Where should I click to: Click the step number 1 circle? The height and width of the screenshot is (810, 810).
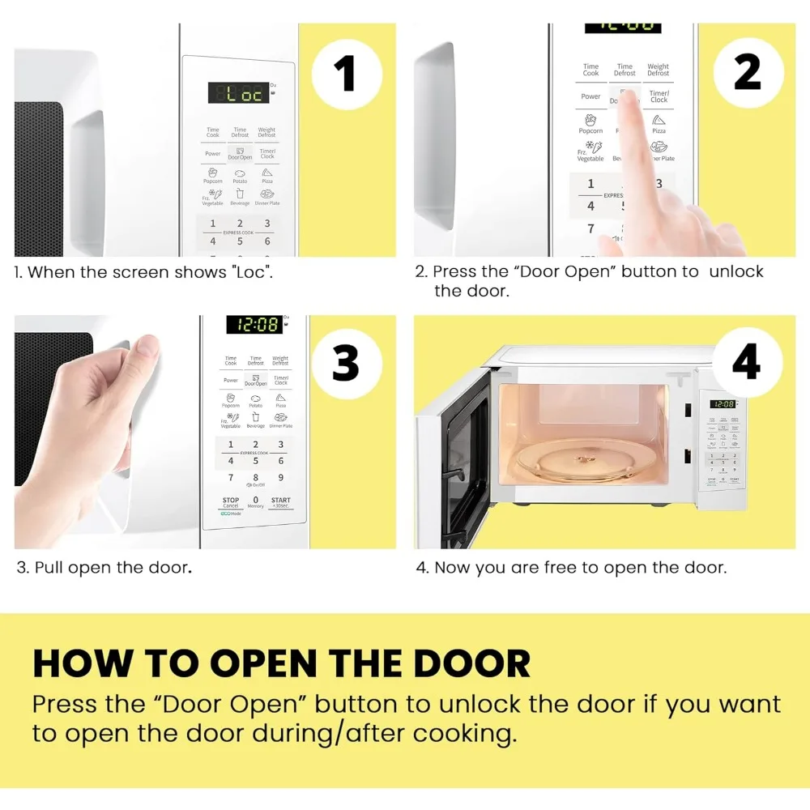[x=346, y=74]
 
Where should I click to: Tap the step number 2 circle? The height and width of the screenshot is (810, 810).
[x=747, y=73]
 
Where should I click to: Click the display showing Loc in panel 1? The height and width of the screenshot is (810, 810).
[x=239, y=93]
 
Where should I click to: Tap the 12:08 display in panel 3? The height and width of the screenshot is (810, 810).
[x=254, y=325]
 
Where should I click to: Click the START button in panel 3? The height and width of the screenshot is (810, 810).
[x=280, y=503]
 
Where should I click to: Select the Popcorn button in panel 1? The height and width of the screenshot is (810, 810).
[x=212, y=175]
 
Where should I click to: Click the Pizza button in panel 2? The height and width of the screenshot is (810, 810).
[x=659, y=124]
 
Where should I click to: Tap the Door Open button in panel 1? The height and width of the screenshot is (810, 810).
[x=240, y=153]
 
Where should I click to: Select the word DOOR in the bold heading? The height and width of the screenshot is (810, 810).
[x=471, y=663]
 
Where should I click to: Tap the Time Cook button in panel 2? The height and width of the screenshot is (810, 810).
[x=591, y=70]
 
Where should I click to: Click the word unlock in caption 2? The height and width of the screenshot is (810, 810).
[x=736, y=271]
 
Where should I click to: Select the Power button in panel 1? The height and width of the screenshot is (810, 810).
[x=213, y=153]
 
